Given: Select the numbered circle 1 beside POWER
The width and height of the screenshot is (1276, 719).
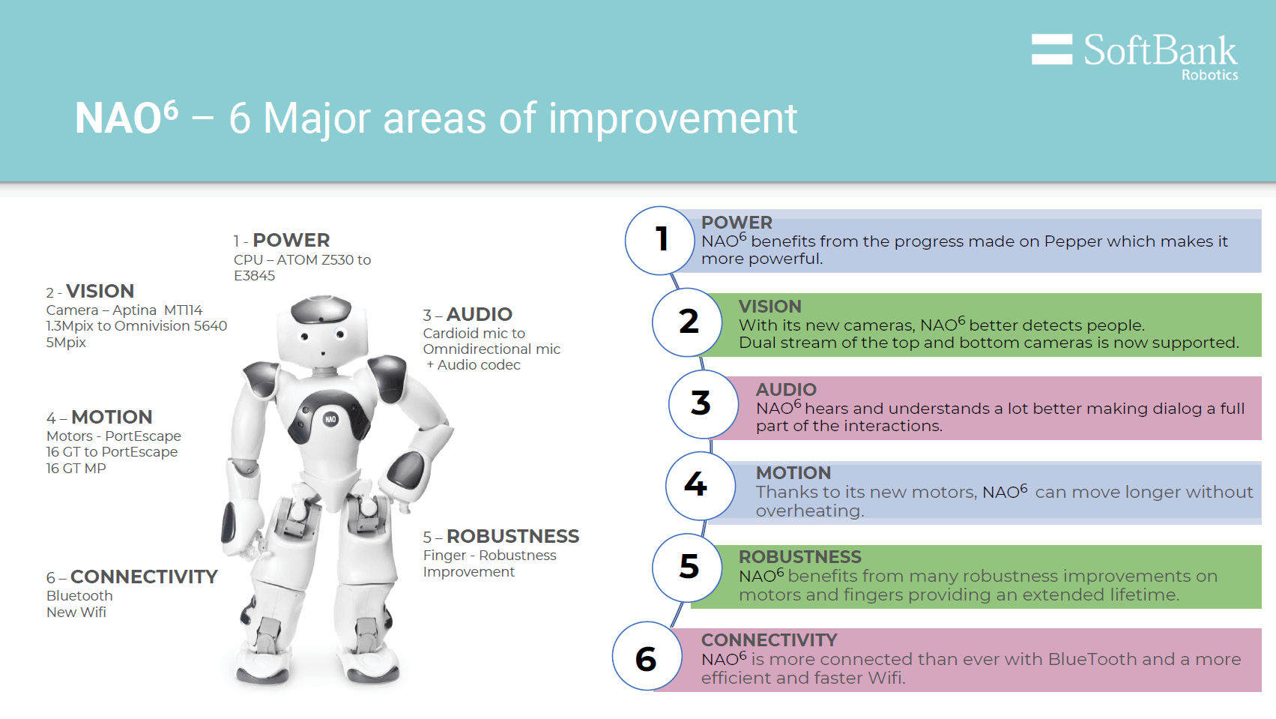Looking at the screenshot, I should click(x=660, y=240).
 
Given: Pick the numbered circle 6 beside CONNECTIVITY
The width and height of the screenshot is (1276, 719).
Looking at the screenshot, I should click(x=647, y=658).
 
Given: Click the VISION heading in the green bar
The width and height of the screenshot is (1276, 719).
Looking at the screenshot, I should click(x=769, y=307).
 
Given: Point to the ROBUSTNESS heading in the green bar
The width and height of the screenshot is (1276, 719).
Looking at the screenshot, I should click(x=799, y=557).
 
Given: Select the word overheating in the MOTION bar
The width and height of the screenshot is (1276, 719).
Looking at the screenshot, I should click(x=808, y=511).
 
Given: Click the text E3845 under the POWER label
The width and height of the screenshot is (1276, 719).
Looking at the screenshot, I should click(x=254, y=276).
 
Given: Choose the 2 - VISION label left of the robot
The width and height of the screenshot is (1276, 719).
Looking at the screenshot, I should click(x=90, y=291).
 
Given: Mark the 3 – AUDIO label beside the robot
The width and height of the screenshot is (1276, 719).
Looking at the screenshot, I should click(x=468, y=314).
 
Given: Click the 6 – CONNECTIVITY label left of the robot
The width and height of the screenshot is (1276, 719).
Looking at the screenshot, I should click(x=132, y=577).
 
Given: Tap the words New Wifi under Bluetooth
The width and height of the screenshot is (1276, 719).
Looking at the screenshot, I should click(x=76, y=613).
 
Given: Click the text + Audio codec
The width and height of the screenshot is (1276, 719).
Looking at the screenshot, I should click(x=474, y=365).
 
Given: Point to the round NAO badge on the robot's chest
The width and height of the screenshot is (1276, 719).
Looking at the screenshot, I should click(x=330, y=419).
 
